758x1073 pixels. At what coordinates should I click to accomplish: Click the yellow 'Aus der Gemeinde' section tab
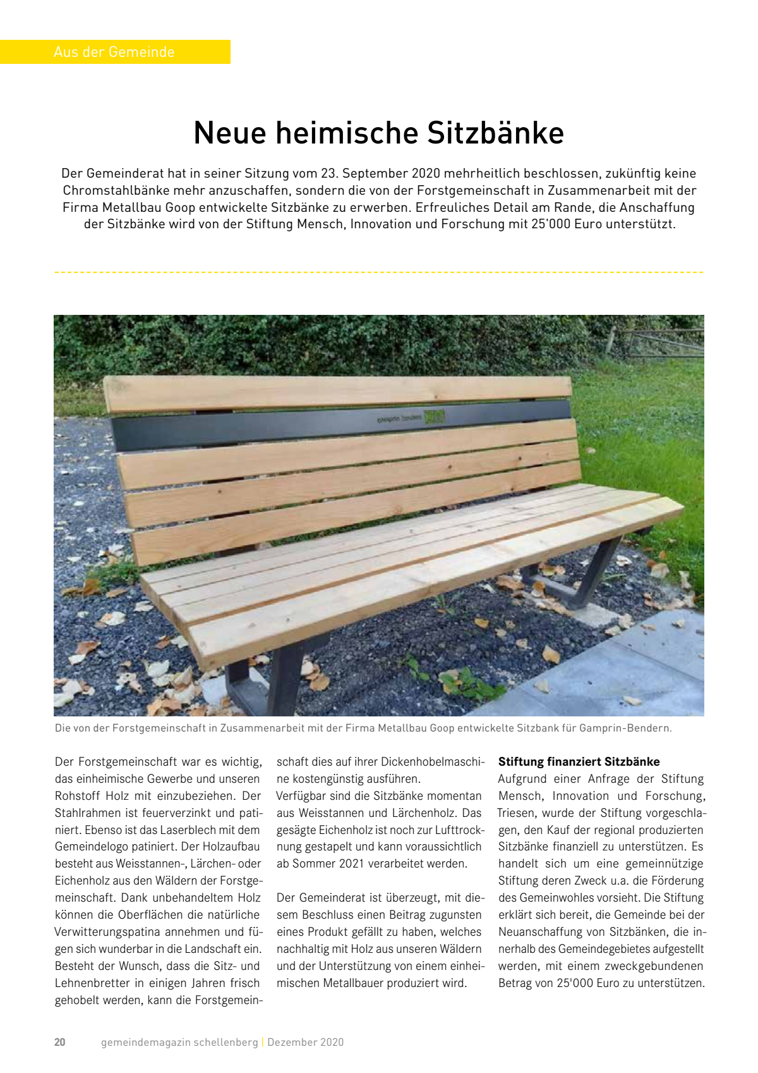(x=114, y=52)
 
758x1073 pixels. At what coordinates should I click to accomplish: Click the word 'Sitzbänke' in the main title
(x=495, y=133)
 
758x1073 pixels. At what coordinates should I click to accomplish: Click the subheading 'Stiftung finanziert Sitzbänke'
(x=579, y=762)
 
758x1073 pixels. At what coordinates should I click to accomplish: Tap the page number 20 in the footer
(x=60, y=1042)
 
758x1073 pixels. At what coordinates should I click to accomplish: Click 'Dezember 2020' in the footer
(x=306, y=1042)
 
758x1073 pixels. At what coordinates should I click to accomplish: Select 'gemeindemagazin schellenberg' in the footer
(x=179, y=1042)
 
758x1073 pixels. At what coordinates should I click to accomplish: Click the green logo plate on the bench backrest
(x=434, y=417)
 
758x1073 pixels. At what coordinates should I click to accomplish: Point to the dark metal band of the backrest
(x=253, y=427)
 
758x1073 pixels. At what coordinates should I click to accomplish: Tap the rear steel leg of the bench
(x=591, y=572)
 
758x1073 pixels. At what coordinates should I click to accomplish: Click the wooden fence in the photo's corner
(x=657, y=341)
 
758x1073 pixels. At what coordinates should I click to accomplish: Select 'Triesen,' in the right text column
(x=517, y=813)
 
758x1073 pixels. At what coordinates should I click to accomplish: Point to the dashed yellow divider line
(x=379, y=272)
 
